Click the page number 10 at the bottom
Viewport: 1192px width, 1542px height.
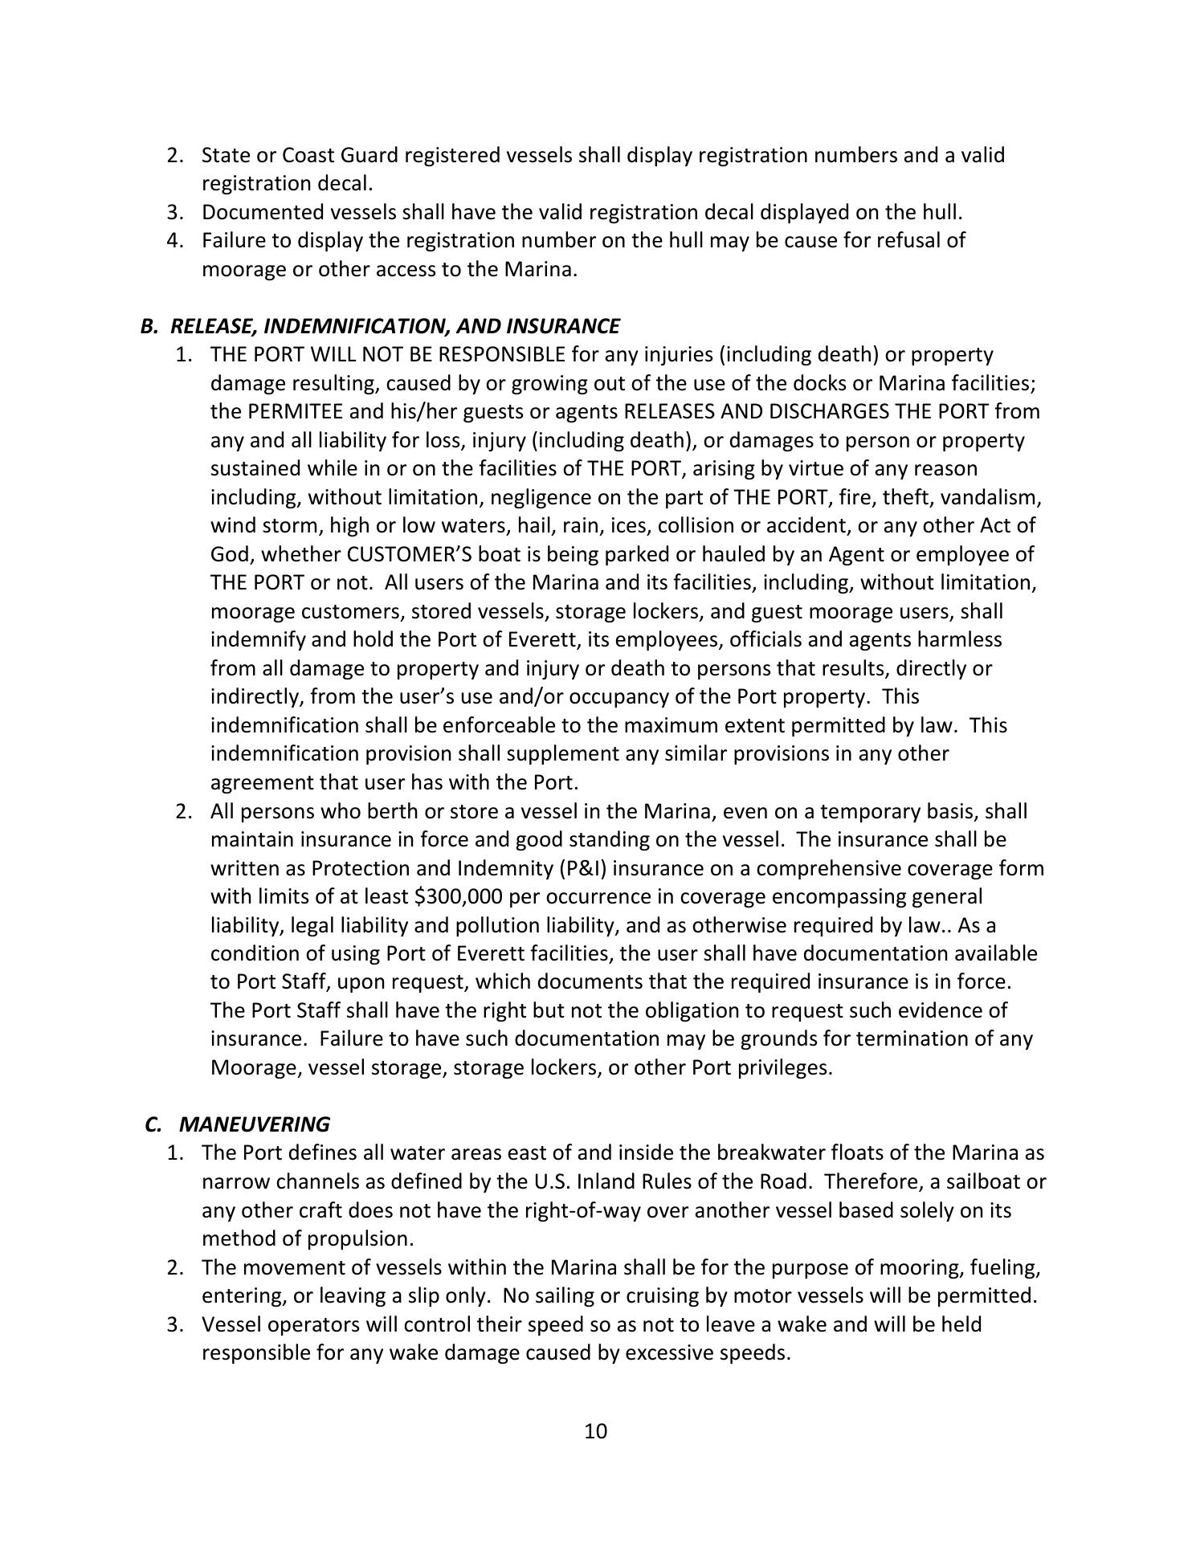click(x=595, y=1431)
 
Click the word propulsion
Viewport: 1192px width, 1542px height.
click(x=359, y=1238)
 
